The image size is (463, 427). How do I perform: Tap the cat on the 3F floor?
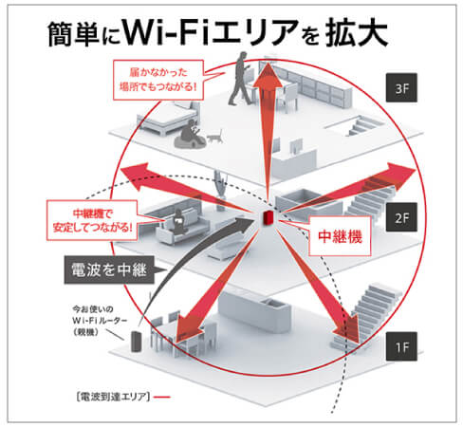click(x=213, y=137)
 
